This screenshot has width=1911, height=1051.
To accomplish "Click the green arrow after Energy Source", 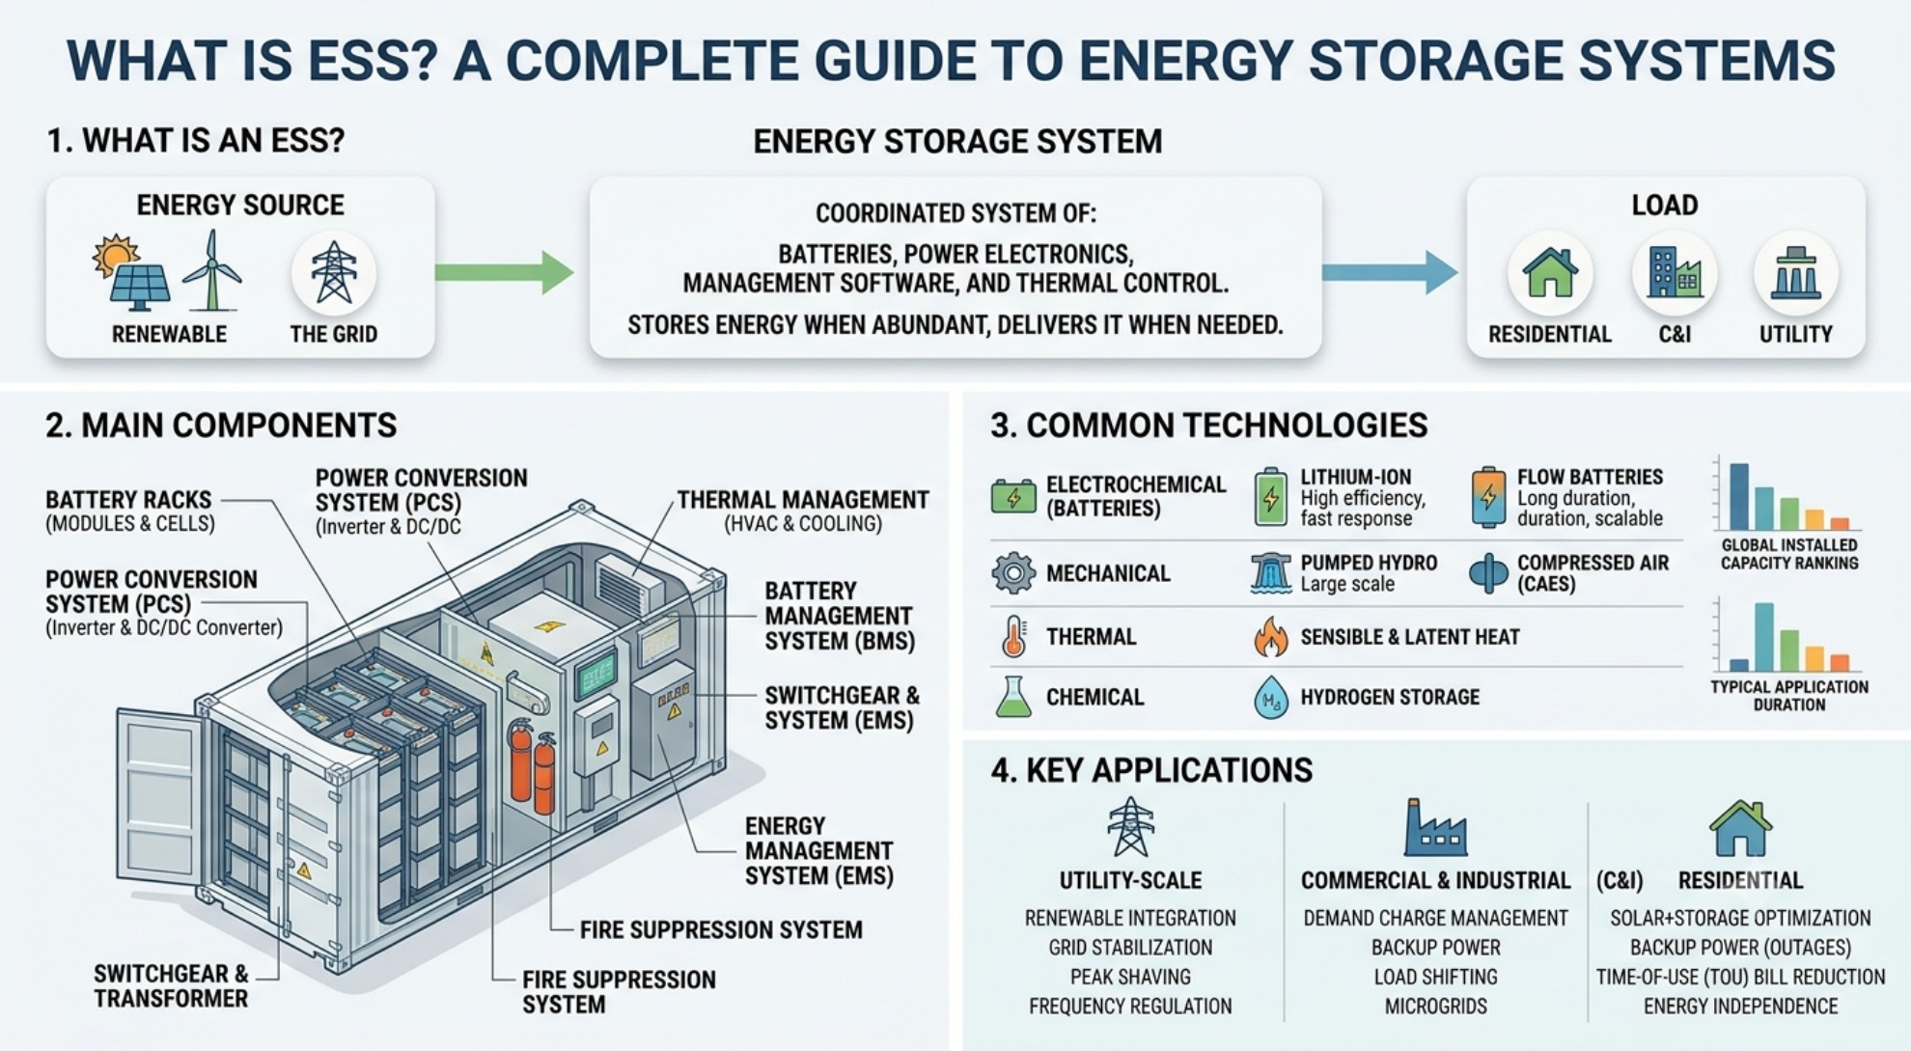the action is [x=504, y=272].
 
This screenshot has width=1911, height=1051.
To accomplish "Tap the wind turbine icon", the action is [x=212, y=270].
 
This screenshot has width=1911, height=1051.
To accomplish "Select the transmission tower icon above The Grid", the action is [x=334, y=273].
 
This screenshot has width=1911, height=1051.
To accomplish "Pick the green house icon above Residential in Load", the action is [x=1550, y=272].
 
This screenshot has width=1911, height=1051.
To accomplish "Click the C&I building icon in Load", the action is [x=1675, y=272].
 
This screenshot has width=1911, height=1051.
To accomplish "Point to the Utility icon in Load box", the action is [x=1795, y=273].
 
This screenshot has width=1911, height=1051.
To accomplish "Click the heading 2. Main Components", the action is [x=221, y=426].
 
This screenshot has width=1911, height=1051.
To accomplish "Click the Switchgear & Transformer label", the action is [x=171, y=985].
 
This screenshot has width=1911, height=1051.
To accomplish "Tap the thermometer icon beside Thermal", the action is [x=1013, y=637].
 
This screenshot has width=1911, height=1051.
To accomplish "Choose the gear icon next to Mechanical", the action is [x=1013, y=573].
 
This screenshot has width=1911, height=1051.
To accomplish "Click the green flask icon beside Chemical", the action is [x=1013, y=697].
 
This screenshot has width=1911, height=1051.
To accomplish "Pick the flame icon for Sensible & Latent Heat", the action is [x=1270, y=637].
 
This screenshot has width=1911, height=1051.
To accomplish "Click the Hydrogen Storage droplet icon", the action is [x=1270, y=698].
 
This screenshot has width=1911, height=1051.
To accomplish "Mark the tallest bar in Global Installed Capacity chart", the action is [x=1739, y=496].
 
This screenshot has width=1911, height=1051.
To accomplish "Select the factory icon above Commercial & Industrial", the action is [x=1435, y=828].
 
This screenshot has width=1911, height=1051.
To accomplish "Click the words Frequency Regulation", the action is [x=1130, y=1007].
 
